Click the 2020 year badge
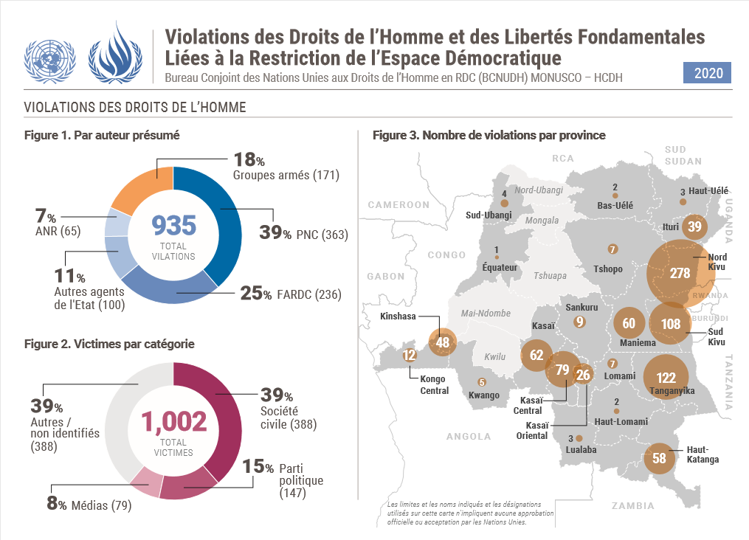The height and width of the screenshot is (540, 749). click(708, 73)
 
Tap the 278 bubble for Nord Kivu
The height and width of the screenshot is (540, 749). click(680, 273)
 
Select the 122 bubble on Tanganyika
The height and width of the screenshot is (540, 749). click(666, 378)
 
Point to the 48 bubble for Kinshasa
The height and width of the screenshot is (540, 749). click(443, 342)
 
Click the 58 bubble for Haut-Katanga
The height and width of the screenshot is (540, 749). click(659, 458)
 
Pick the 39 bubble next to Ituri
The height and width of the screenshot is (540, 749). click(694, 226)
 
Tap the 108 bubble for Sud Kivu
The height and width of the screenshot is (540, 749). click(671, 324)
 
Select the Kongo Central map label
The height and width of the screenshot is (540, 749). click(434, 384)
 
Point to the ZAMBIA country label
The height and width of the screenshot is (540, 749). click(632, 506)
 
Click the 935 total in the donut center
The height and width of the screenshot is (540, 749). click(173, 224)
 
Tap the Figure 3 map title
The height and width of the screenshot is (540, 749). click(489, 135)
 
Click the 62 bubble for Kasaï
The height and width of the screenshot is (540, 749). click(536, 355)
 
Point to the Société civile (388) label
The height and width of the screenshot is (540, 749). click(287, 417)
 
